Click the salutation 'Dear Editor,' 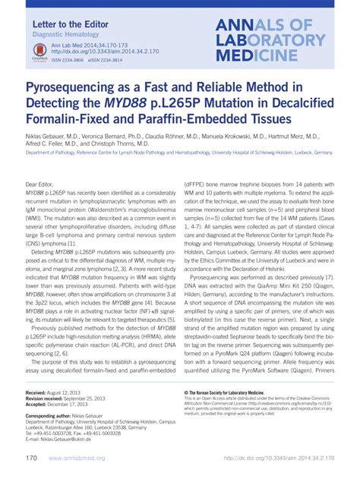point(43,184)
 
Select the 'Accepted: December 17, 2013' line point(62,405)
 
